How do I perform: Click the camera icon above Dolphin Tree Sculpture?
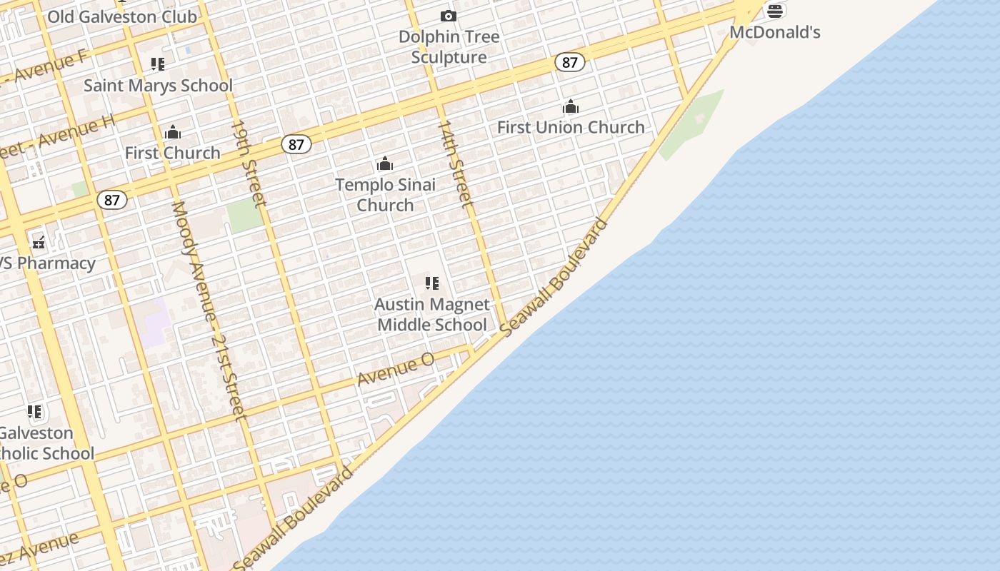point(448,16)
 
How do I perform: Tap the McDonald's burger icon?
point(775,11)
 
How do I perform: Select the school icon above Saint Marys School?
point(158,64)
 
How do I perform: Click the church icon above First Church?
point(172,132)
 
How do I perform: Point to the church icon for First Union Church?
point(570,107)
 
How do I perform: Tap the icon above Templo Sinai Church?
point(385,163)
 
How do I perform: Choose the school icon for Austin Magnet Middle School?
point(431,283)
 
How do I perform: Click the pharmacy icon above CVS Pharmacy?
point(39,243)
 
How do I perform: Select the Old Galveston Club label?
point(122,16)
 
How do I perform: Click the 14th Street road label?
point(455,164)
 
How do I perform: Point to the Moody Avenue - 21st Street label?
point(208,310)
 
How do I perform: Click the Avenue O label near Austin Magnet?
point(396,369)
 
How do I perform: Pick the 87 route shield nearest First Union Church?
point(569,62)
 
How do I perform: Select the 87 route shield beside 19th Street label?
point(296,144)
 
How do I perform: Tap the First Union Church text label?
point(571,127)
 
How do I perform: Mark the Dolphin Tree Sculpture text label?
point(449,46)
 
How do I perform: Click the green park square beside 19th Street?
point(245,215)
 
